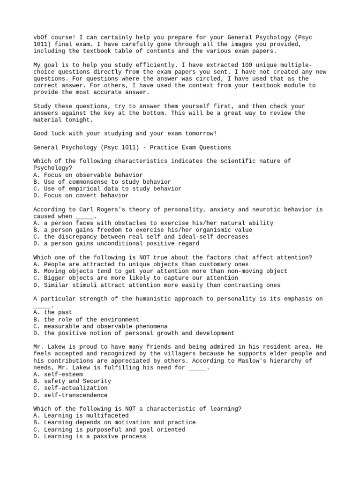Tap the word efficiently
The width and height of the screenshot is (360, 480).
point(139,65)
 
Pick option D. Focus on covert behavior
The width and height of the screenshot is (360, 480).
point(81,195)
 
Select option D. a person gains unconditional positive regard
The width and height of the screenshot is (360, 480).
point(116,244)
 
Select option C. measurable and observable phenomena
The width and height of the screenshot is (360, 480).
point(101,326)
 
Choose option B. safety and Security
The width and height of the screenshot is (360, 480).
point(72,381)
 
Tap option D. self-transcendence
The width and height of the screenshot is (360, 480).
point(70,395)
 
